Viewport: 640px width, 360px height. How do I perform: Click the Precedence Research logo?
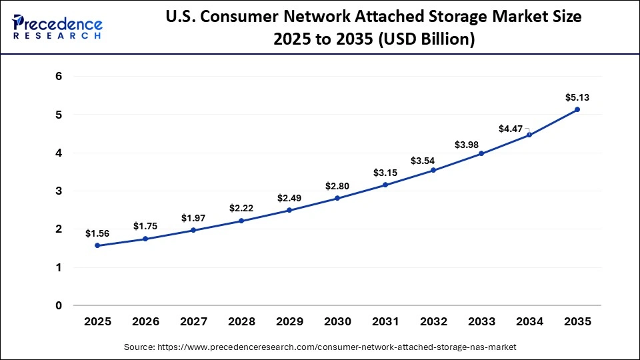click(x=57, y=27)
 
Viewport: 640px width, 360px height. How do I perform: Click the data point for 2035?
click(x=577, y=109)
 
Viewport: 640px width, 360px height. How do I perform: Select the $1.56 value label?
click(x=97, y=233)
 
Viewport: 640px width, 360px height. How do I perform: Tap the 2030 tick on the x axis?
click(x=337, y=321)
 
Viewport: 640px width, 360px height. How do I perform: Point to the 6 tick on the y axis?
click(x=59, y=76)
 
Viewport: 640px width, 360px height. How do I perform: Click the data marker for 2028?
click(x=241, y=221)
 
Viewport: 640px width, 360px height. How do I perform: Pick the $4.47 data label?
click(x=511, y=128)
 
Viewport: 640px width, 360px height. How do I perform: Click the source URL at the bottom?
click(x=320, y=347)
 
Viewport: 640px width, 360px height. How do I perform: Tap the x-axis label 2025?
click(x=97, y=321)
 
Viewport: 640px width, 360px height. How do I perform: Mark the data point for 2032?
click(x=433, y=170)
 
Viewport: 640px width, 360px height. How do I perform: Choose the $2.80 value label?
click(x=337, y=185)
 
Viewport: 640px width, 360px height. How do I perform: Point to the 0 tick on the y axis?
click(x=59, y=305)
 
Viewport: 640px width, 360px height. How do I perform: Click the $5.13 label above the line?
click(x=577, y=97)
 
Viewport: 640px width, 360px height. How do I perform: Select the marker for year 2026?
click(x=145, y=239)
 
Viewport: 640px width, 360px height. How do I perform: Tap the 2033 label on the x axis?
click(x=481, y=321)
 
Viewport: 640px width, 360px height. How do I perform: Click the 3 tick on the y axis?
click(x=59, y=191)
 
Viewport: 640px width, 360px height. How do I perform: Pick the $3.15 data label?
click(x=385, y=173)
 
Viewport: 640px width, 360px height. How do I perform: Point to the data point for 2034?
click(x=529, y=135)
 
